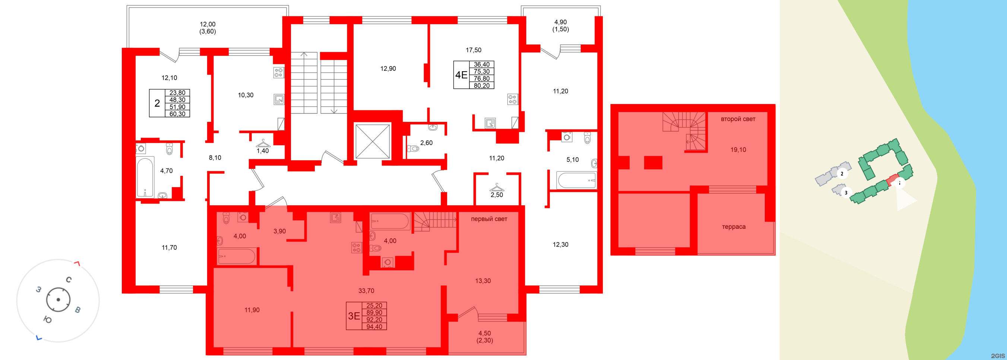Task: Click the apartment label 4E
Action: [x=461, y=75]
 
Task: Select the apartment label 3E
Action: [x=354, y=316]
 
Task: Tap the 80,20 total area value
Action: [x=481, y=86]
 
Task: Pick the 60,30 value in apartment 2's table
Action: [x=177, y=114]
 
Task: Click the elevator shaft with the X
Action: [x=372, y=142]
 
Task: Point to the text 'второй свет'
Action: [x=738, y=119]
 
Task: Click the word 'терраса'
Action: [x=733, y=227]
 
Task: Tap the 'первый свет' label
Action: [x=489, y=219]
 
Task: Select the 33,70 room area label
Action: [x=366, y=291]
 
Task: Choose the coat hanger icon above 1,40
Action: [x=263, y=143]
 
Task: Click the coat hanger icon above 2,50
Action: [x=497, y=187]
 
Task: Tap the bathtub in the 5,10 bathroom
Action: [x=577, y=180]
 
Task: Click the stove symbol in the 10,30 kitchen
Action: [x=278, y=73]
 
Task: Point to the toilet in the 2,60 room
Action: [x=413, y=149]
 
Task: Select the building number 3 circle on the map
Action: [x=846, y=193]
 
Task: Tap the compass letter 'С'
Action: [x=69, y=280]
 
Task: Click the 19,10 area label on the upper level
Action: [x=738, y=150]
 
